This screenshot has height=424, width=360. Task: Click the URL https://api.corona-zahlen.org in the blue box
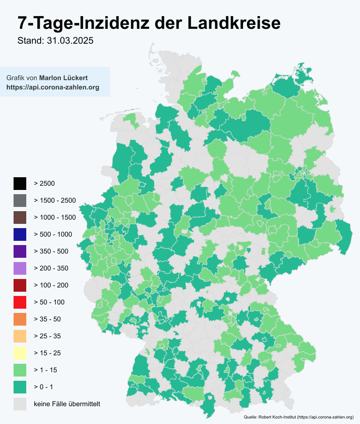(x=53, y=87)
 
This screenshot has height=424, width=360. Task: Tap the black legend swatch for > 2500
(x=19, y=184)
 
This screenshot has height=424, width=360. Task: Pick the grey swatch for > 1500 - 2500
(x=19, y=201)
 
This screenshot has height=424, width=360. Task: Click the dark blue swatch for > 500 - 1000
(x=19, y=234)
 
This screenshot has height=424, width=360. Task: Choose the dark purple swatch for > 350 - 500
(x=19, y=251)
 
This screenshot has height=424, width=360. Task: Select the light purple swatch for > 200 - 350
(x=19, y=268)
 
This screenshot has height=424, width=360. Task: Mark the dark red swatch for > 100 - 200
(x=19, y=285)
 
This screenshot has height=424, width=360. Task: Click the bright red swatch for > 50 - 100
(x=19, y=302)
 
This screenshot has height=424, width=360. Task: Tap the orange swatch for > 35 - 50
(x=19, y=319)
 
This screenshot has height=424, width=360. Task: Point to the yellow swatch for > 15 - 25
(x=19, y=353)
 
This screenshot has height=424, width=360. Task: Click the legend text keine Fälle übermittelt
(x=67, y=404)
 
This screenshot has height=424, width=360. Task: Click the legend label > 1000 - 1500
(x=55, y=218)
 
